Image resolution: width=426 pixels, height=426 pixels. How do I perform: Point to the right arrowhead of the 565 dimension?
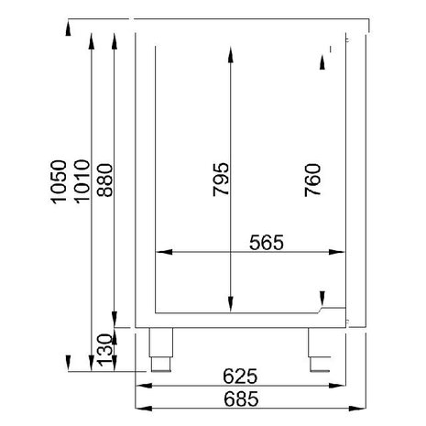(347, 251)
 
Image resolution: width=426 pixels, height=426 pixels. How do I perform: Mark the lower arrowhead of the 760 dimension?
(322, 296)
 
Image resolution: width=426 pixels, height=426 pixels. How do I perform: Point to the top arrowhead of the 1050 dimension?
(69, 31)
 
